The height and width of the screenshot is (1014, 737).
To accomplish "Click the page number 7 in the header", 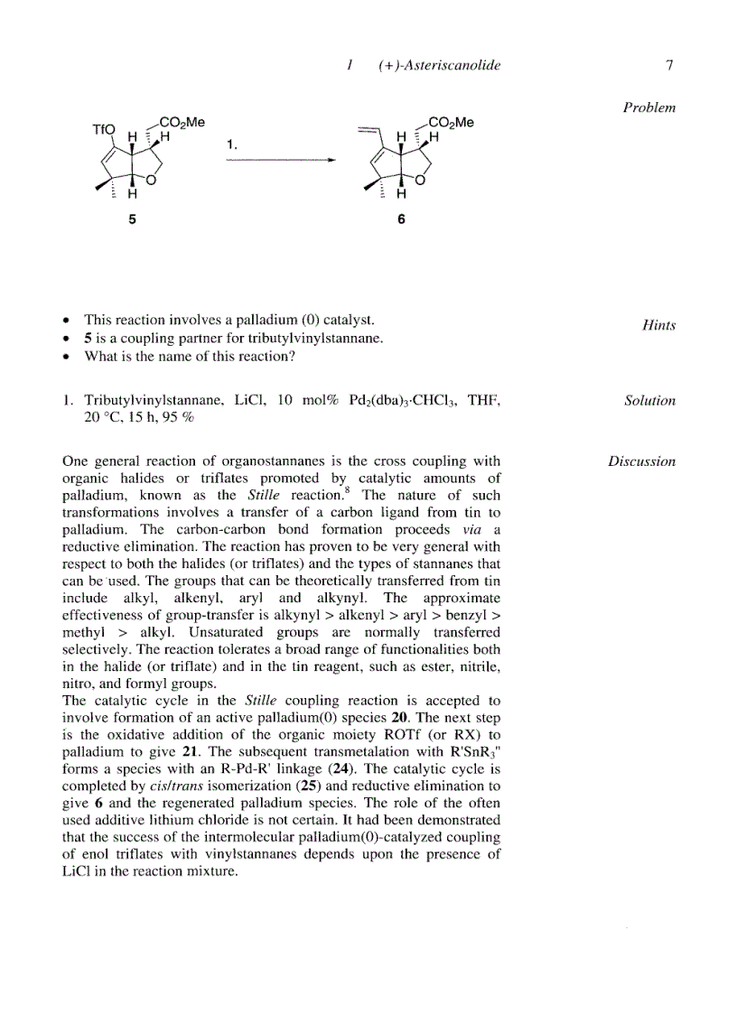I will [x=668, y=65].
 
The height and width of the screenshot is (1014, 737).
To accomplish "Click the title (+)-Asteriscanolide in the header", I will [x=440, y=65].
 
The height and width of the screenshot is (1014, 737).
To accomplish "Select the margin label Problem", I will [x=648, y=107].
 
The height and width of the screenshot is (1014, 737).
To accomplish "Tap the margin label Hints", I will [x=658, y=325].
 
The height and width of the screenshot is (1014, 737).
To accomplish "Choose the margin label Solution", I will [x=649, y=401].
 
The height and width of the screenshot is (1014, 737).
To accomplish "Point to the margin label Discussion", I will [x=641, y=461].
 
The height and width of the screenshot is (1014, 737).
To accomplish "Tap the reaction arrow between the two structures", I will [x=280, y=160].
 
